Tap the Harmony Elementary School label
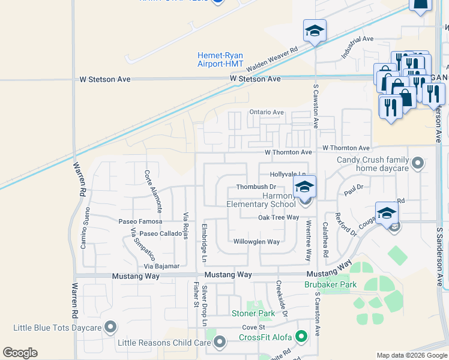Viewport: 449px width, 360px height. [262, 200]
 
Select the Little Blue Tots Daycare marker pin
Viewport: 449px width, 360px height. [110, 327]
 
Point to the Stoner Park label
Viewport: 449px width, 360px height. [253, 313]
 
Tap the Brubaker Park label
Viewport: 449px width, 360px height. [330, 284]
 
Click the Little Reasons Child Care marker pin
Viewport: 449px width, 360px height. [220, 343]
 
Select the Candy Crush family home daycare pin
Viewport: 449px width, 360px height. [418, 163]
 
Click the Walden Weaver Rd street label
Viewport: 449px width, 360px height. [272, 59]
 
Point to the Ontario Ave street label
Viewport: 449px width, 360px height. [267, 112]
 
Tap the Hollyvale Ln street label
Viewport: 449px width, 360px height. [288, 174]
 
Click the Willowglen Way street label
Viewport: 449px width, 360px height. [256, 242]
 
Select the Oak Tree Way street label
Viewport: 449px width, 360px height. [279, 217]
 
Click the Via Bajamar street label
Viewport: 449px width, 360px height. [161, 266]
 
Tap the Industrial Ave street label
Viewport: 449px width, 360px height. [357, 46]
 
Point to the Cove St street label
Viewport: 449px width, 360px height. [253, 327]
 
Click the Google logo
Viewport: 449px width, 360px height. [20, 353]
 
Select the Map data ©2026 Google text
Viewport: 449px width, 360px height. [411, 355]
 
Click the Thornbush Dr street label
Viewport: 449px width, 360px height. [256, 187]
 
